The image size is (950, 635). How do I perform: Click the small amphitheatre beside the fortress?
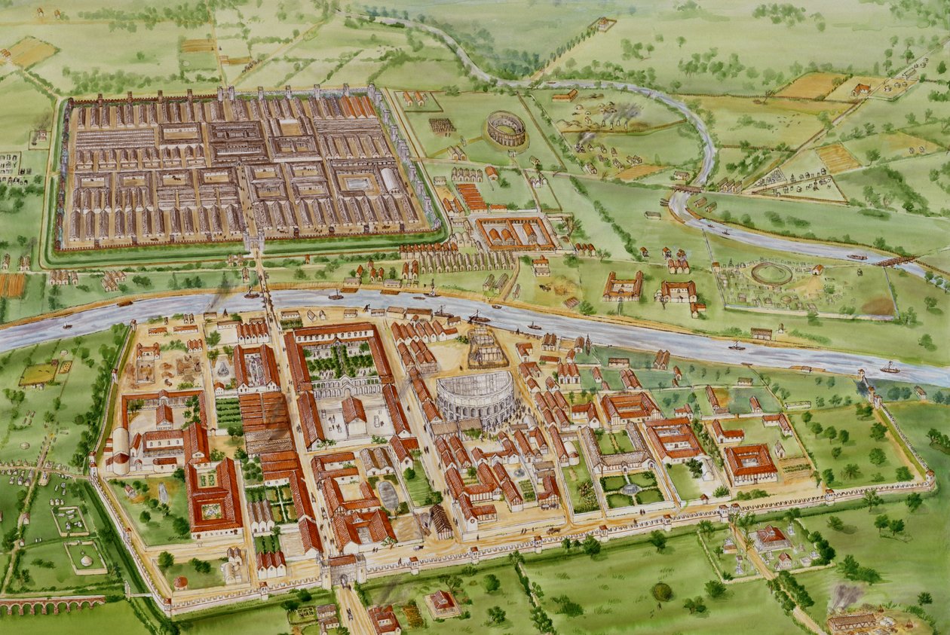(x=506, y=128)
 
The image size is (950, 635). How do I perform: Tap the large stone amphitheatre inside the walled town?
(x=476, y=398)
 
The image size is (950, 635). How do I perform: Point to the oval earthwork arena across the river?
(x=771, y=273)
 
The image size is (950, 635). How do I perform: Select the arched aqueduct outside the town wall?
(x=49, y=604)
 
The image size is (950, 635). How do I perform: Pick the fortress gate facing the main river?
(x=253, y=241)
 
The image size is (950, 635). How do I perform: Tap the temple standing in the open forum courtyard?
(x=353, y=412)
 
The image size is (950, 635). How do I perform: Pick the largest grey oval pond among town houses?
(x=388, y=495)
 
